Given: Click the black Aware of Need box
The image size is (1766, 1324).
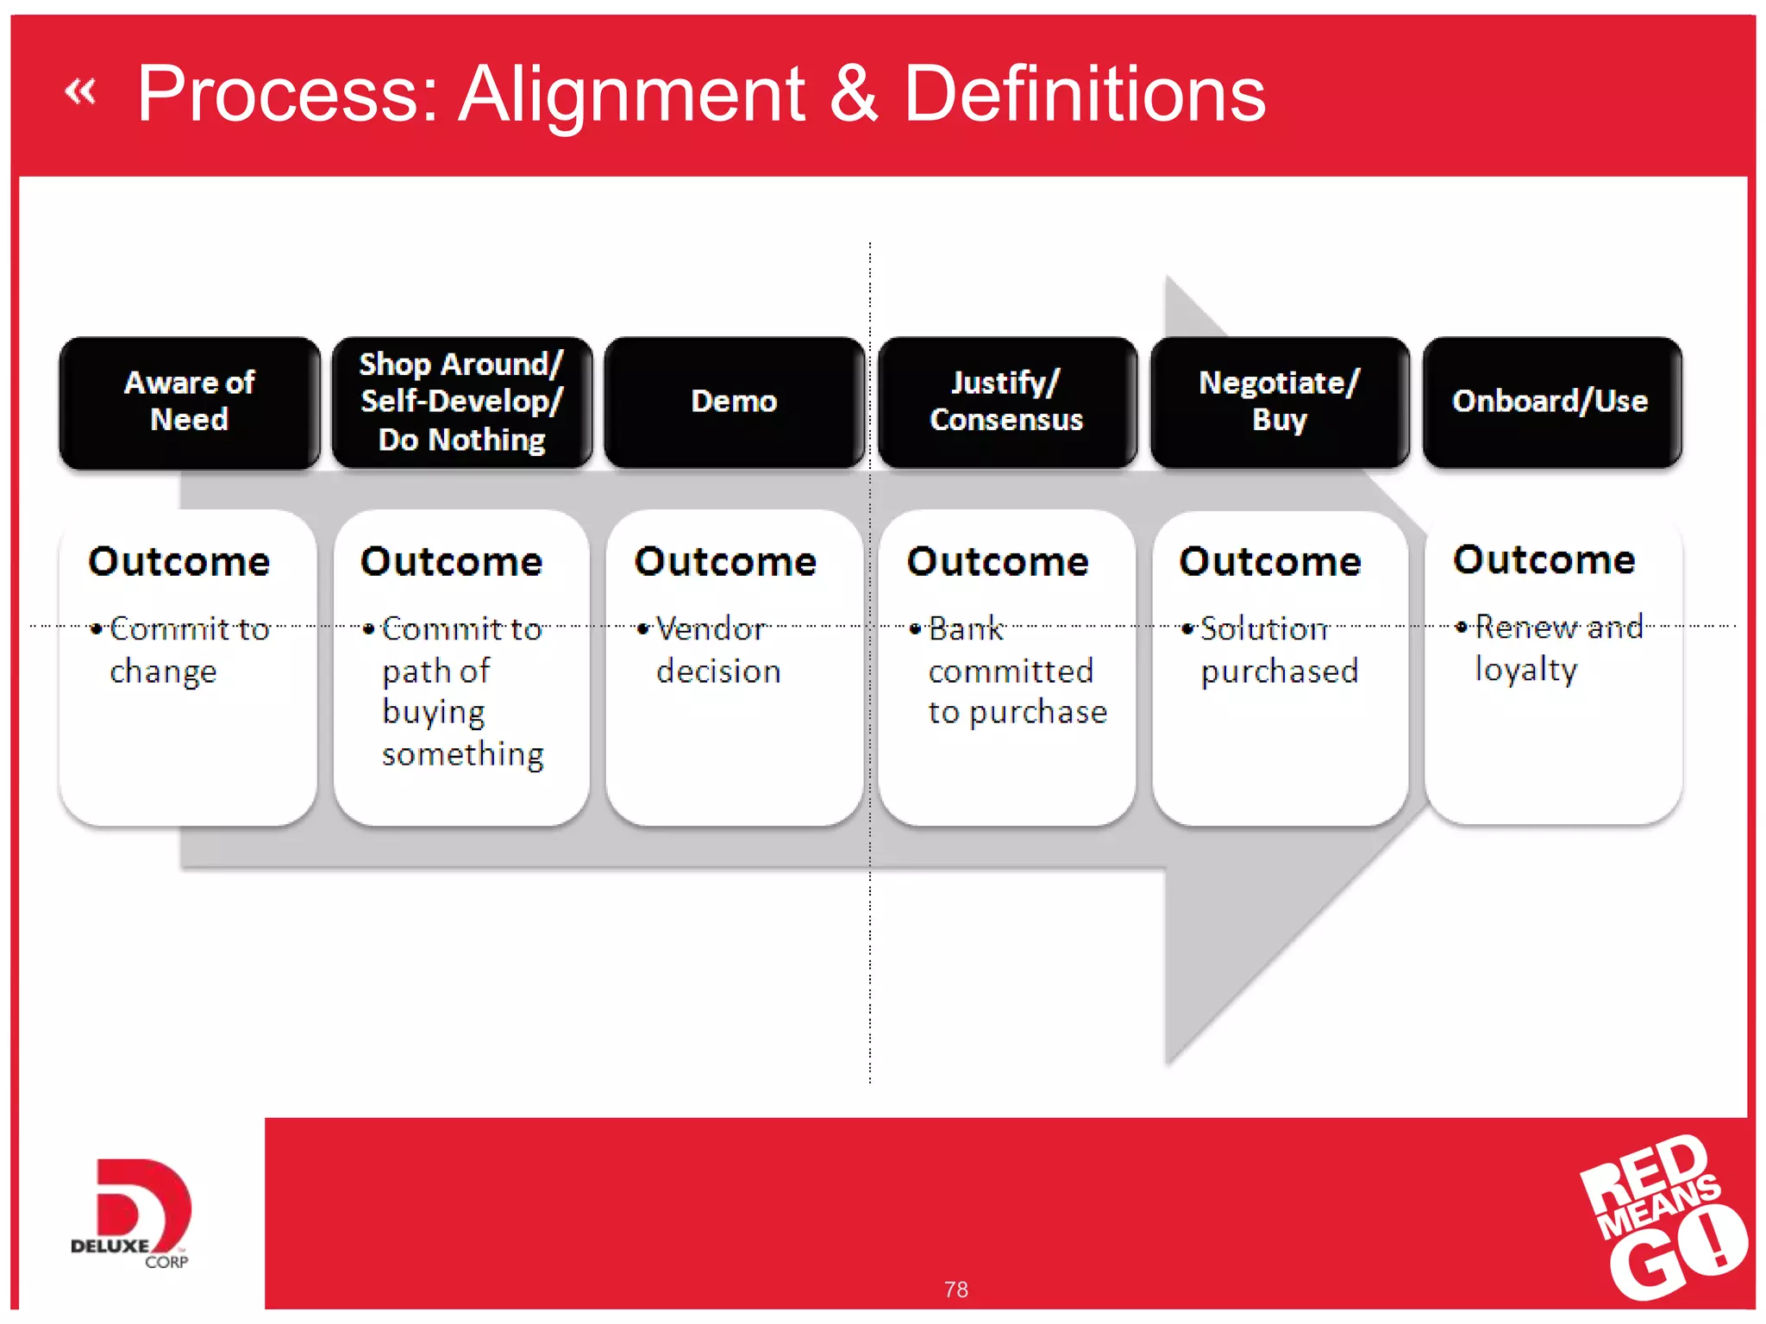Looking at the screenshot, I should pos(189,402).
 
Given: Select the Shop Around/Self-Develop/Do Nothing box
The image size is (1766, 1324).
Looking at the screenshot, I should pos(461,402).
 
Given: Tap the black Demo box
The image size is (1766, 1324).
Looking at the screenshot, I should pos(734,402).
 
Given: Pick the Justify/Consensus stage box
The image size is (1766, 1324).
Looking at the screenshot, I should pos(1006,402).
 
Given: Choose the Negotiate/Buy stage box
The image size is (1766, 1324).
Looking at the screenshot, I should pos(1280,402).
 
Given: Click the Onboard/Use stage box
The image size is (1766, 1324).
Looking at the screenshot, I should pos(1551,402).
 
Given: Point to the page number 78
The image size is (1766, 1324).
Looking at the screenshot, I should pos(955,1290).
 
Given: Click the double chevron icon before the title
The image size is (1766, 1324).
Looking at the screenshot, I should pos(80,91).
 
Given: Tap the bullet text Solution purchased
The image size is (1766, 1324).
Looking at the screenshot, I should pos(1278,649).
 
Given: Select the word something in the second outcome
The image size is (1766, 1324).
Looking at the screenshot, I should pos(463,753).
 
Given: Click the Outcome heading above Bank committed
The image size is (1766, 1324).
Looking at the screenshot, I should pos(998,561).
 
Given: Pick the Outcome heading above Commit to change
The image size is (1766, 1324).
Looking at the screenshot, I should pos(179,561).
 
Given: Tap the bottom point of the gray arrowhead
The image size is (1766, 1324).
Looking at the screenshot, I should pos(1168,1062).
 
